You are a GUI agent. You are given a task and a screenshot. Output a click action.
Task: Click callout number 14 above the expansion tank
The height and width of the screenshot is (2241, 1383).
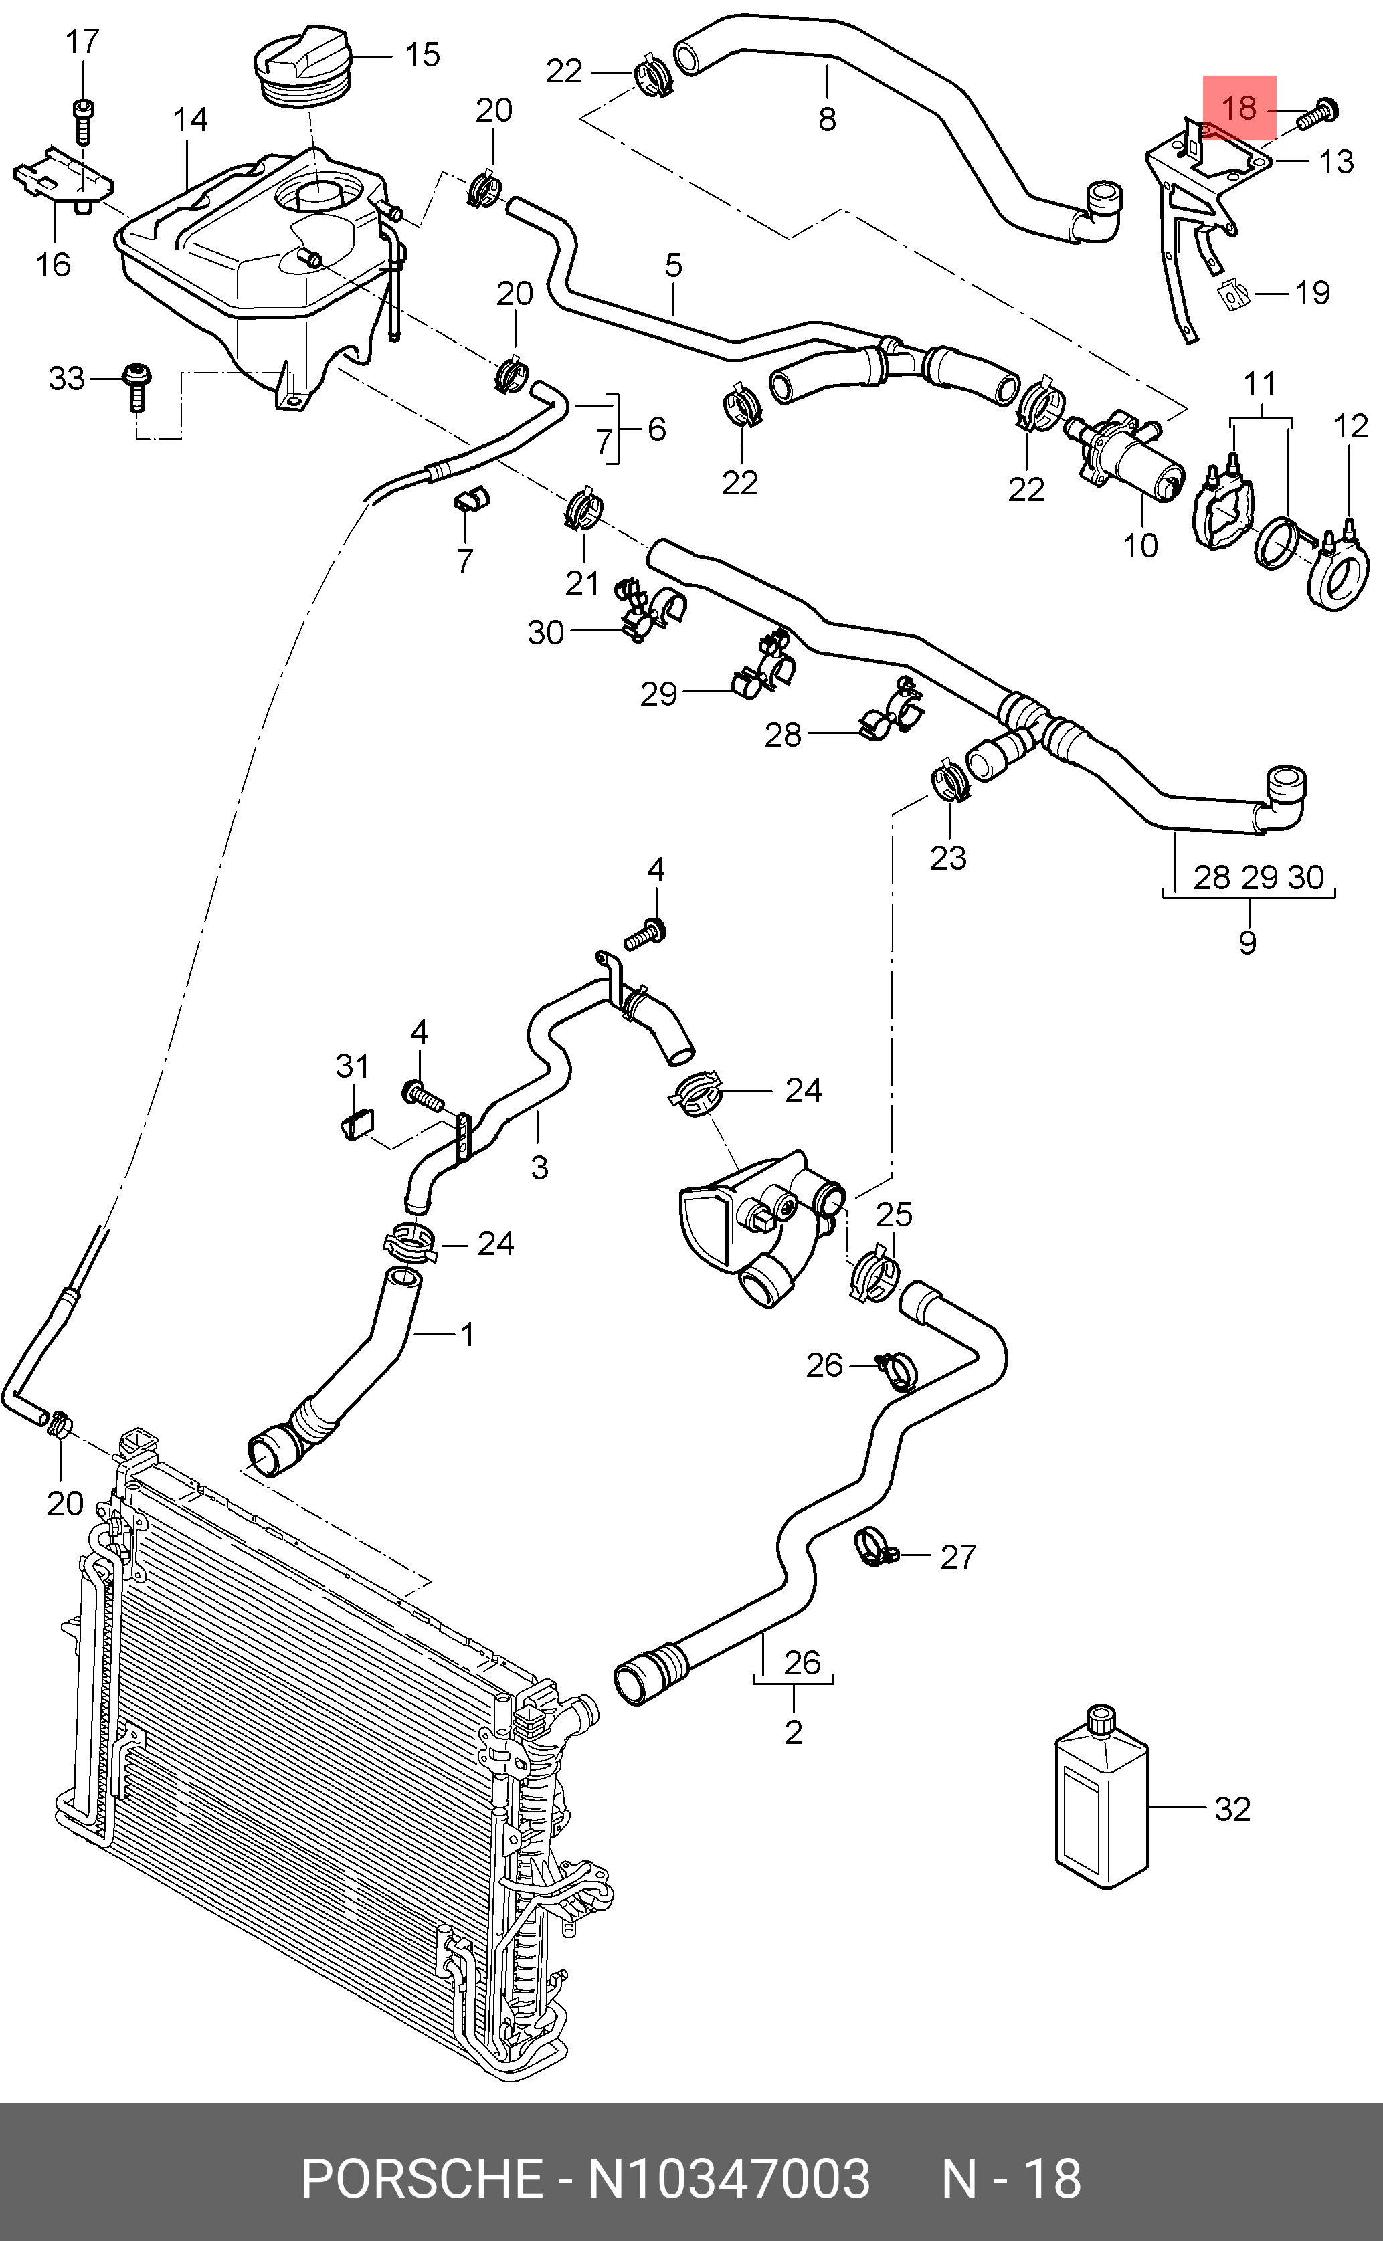pyautogui.click(x=190, y=120)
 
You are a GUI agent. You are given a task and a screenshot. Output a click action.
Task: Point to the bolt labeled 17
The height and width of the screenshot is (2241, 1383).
pyautogui.click(x=82, y=120)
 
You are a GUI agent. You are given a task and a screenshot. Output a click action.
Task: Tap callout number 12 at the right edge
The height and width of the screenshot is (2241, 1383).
pyautogui.click(x=1350, y=426)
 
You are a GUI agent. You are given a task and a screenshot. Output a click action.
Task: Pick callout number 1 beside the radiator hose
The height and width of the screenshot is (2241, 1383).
pyautogui.click(x=466, y=1335)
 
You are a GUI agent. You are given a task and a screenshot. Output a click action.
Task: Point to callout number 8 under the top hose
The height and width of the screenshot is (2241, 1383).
pyautogui.click(x=827, y=119)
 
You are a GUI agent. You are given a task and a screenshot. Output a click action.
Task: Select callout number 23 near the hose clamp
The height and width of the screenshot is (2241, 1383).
pyautogui.click(x=947, y=858)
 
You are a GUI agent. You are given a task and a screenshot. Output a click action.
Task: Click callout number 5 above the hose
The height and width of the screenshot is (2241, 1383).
pyautogui.click(x=673, y=266)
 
